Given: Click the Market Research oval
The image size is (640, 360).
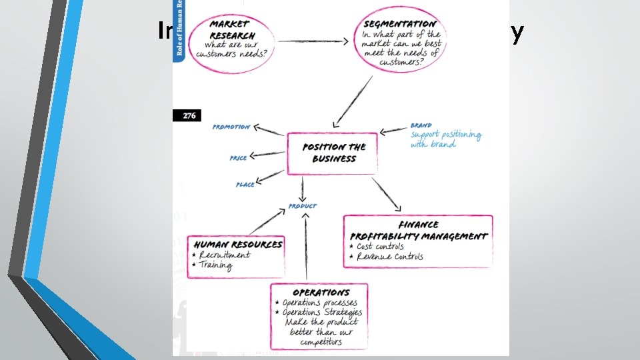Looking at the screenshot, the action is pos(231,41).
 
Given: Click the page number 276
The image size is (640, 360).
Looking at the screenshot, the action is pos(189,115).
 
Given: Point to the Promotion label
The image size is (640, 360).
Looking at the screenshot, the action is pos(231,127).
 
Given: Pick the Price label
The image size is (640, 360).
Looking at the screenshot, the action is pos(238,158).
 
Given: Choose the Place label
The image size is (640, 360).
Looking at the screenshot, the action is pos(245,184).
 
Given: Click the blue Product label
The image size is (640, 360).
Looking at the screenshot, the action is pos(303,206).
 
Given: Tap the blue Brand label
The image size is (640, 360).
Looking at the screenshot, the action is pos(421,125).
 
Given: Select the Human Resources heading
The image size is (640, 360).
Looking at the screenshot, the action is pos(236,244).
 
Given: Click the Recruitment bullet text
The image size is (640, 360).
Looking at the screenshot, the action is pos(225,255).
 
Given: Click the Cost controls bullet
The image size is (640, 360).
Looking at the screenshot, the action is pos(380,246).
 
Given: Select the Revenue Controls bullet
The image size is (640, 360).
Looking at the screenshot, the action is pos(389,257).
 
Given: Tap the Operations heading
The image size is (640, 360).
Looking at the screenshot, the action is pos(321,293).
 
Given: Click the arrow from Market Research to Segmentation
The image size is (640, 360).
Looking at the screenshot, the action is pos(313,41).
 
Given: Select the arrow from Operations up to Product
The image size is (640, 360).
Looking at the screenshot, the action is pos(306,247).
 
